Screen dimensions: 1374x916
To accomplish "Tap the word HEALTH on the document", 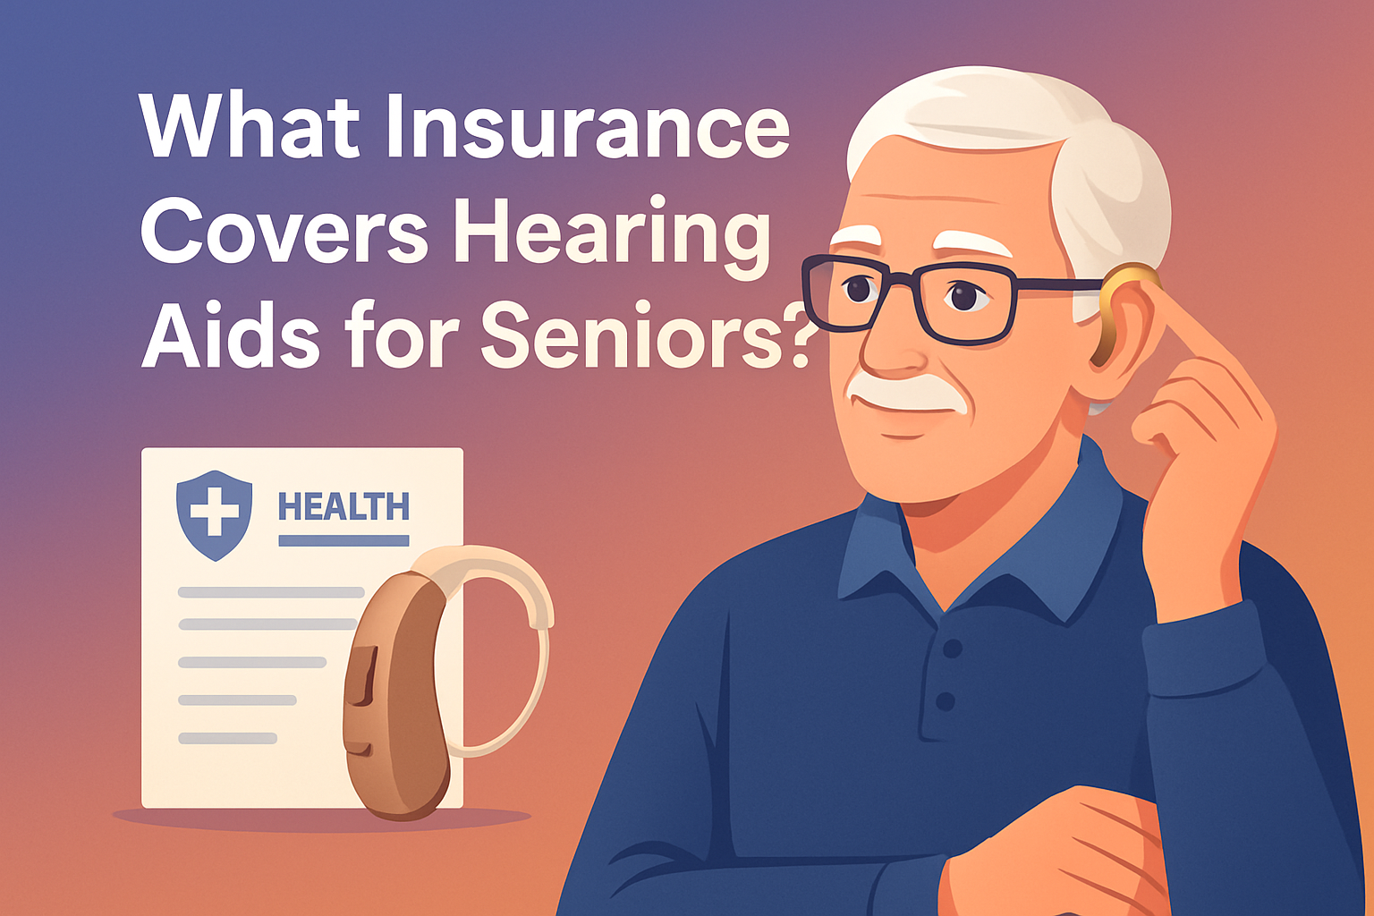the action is pos(343,507).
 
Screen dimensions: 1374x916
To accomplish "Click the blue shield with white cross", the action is pos(214,514).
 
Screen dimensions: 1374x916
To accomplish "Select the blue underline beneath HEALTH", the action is pos(343,540).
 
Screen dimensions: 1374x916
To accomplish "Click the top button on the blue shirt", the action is pos(953,648).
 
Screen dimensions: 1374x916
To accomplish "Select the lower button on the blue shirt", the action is pos(946,700).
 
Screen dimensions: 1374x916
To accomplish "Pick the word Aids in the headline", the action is pos(231,337).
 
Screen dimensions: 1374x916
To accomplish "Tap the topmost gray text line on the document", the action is pos(271,592).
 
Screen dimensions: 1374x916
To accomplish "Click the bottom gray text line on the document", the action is pos(227,738).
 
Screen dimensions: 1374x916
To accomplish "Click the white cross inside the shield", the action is pos(214,511).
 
